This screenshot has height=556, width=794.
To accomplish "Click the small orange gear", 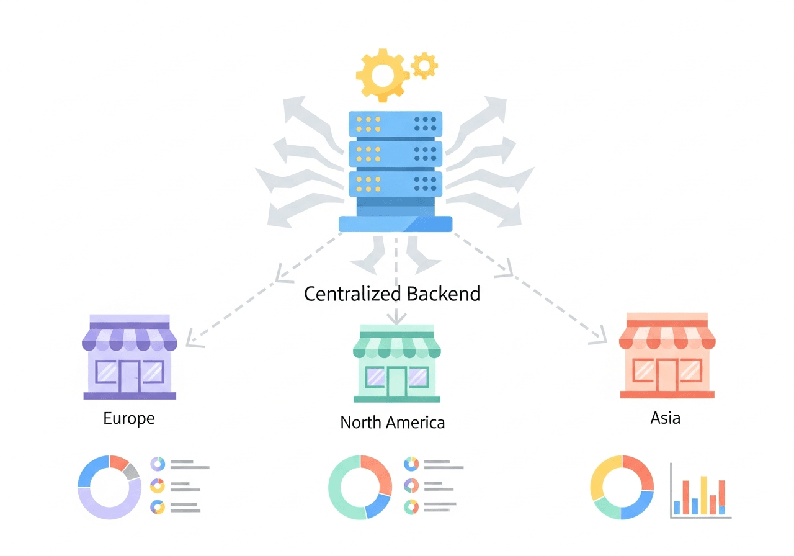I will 424,66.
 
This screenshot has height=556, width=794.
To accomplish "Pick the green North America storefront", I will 396,367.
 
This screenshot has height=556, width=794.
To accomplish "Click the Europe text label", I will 129,418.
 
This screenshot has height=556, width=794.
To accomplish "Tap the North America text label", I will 392,423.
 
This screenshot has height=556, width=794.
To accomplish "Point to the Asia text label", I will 666,418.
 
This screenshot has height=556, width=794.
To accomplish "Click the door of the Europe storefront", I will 130,375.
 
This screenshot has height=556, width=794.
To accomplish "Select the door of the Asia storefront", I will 667,375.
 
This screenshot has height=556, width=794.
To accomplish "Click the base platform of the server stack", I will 396,224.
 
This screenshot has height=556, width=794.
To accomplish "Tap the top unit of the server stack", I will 396,123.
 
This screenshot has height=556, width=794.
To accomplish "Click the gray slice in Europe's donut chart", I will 130,472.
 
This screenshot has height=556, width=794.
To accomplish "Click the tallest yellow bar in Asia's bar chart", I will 703,495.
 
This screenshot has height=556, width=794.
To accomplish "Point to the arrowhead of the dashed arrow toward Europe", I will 191,339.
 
